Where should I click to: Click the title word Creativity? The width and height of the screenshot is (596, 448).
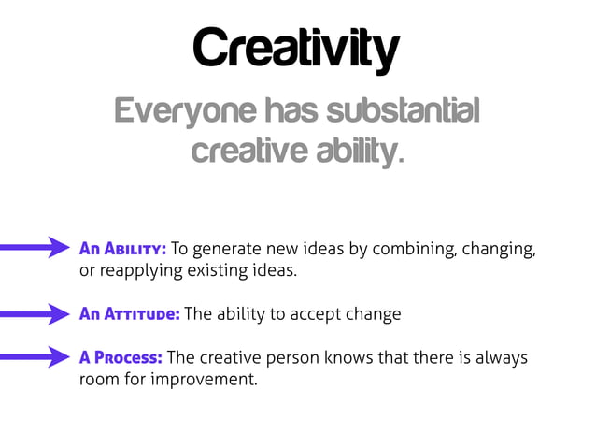297,49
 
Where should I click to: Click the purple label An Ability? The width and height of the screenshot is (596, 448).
122,249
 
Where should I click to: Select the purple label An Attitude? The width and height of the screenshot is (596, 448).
130,314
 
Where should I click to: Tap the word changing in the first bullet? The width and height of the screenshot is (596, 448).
501,249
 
